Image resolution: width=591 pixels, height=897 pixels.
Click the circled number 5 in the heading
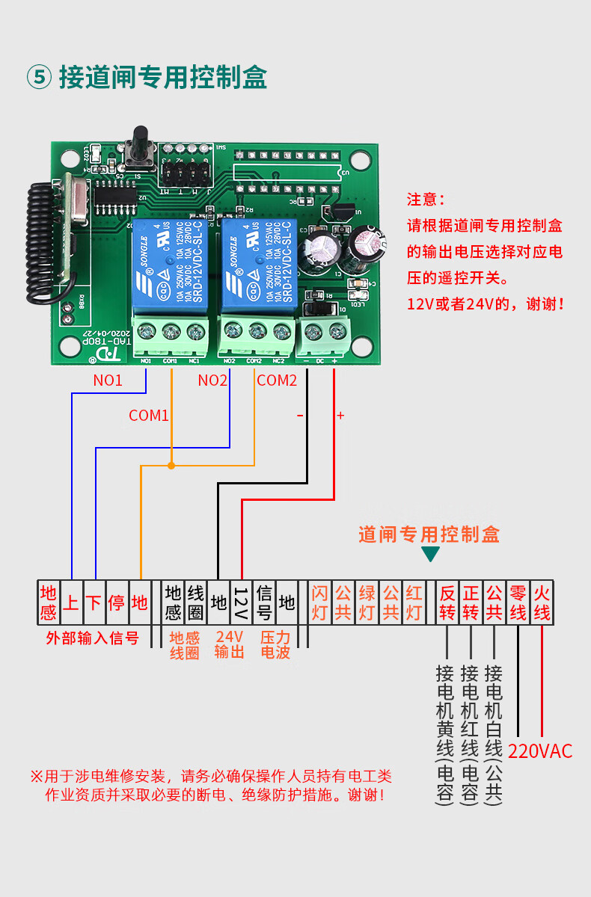[x=39, y=78]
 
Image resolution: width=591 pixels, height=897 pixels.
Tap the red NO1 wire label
[x=108, y=380]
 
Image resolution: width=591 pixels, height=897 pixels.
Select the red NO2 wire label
[x=212, y=380]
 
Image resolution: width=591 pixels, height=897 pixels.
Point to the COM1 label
[x=149, y=416]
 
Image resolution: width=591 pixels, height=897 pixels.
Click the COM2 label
[x=277, y=380]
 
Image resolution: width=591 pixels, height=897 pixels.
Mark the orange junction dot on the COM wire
[x=171, y=466]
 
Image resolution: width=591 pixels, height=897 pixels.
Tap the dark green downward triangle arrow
[x=430, y=554]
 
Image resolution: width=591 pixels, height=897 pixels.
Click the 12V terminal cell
[x=241, y=602]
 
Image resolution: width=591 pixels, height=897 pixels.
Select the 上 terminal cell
[x=71, y=602]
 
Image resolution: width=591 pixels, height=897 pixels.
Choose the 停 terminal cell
[x=117, y=602]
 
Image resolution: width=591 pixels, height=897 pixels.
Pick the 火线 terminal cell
[x=542, y=602]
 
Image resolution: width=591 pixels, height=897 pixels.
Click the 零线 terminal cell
[x=518, y=602]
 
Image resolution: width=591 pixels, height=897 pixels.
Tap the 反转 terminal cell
[x=447, y=602]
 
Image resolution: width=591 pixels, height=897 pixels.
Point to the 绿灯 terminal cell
[x=367, y=602]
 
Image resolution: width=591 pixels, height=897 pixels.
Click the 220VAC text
[x=540, y=751]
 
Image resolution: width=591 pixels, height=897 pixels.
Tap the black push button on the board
[x=139, y=146]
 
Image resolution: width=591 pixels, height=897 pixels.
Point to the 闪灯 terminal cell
[x=319, y=602]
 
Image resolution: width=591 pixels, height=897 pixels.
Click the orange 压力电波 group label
[x=275, y=644]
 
